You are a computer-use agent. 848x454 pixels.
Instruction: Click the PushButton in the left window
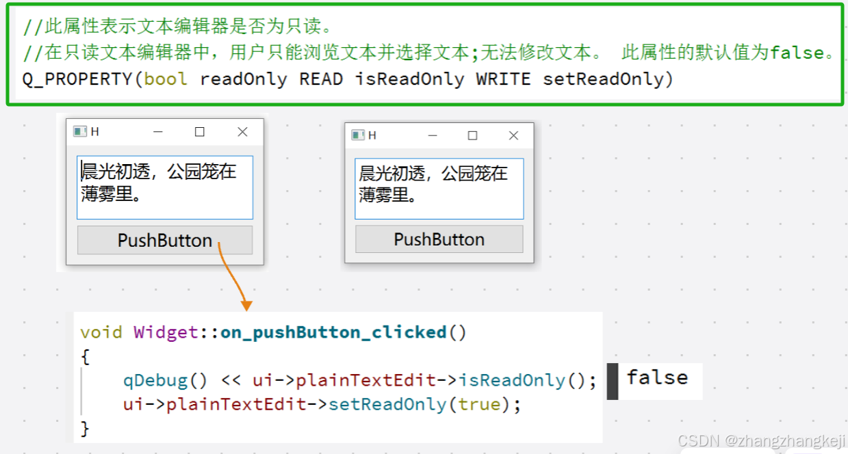165,241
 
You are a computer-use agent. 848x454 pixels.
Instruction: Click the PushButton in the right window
439,239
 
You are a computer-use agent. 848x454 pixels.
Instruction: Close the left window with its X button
242,132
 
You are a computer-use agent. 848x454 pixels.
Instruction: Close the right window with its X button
513,135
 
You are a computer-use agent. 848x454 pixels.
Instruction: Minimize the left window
158,132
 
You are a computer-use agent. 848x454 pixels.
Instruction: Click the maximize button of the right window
472,135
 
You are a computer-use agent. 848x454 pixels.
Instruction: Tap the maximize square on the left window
200,132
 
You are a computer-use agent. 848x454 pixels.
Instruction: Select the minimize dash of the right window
433,135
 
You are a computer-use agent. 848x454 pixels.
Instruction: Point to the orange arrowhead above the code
246,305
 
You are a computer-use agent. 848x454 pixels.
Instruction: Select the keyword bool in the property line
165,79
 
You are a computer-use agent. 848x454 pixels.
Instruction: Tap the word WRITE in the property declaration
503,79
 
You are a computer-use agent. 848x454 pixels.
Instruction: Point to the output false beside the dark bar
657,377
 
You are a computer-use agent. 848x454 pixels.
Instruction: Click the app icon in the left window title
79,132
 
